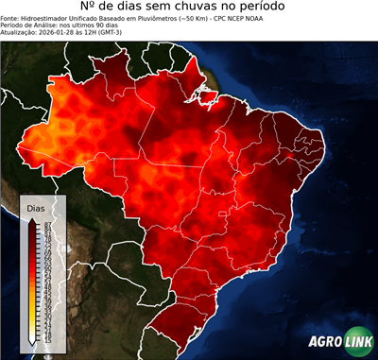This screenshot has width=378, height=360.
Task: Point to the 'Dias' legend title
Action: pos(36,207)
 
